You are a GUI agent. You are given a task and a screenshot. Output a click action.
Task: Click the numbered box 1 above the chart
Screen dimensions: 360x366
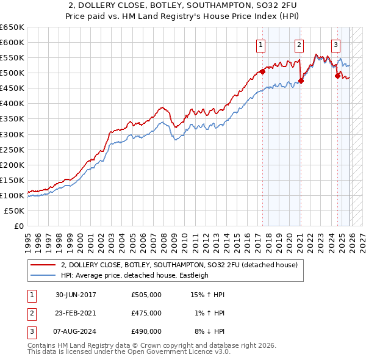261,44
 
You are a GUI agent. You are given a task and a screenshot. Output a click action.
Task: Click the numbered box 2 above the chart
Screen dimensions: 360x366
300,44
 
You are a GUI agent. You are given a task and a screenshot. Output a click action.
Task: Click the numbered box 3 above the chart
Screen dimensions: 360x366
336,44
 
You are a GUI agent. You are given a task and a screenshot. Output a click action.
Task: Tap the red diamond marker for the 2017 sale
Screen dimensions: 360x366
262,71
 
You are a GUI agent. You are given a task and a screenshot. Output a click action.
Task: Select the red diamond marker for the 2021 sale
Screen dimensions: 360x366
301,81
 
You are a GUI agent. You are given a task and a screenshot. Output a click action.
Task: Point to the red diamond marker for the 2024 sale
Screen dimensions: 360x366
337,76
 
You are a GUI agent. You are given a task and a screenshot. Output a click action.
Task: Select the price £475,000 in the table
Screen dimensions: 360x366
146,313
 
